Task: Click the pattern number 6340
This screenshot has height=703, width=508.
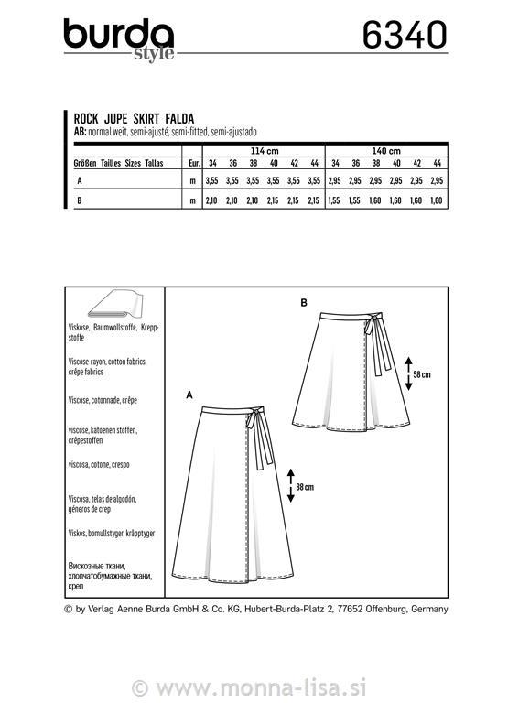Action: (x=405, y=35)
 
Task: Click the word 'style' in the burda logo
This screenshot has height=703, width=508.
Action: (x=154, y=54)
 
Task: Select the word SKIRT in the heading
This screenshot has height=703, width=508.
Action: (x=146, y=119)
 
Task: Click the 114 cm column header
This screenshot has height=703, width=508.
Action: (x=264, y=151)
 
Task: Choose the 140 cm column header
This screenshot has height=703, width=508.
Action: (x=386, y=151)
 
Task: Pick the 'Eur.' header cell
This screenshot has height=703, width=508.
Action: (x=194, y=163)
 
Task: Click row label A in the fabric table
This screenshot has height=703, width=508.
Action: (x=80, y=181)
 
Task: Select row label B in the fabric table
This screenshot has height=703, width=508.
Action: (x=80, y=200)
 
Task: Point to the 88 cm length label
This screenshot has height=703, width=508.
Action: (x=305, y=487)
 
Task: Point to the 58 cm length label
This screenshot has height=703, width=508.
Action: (x=422, y=374)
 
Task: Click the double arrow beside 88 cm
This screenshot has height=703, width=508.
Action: (x=290, y=485)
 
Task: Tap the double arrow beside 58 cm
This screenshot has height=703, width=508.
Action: (x=408, y=373)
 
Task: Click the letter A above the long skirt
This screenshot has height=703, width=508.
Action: (x=189, y=395)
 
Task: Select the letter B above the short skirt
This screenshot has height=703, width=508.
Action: (x=304, y=303)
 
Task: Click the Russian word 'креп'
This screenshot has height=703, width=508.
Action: (x=76, y=587)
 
